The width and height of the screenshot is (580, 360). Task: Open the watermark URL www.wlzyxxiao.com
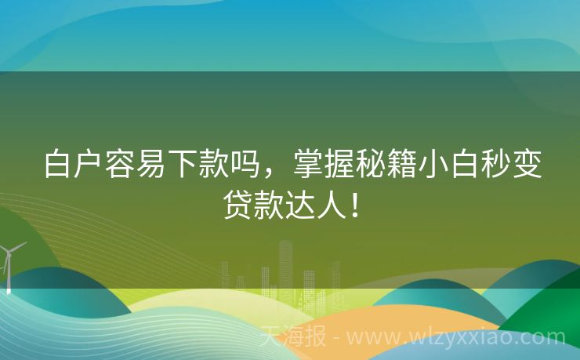tap(455, 338)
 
